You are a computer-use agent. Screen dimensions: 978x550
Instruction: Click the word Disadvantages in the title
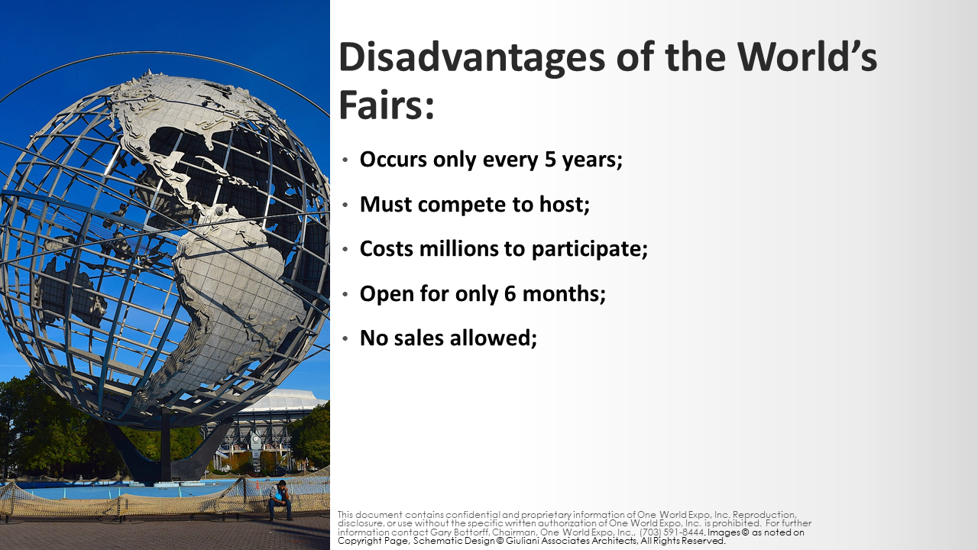[x=471, y=57]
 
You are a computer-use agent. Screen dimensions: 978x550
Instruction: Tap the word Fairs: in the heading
[x=387, y=105]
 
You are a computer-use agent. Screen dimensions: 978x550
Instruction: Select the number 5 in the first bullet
[x=549, y=160]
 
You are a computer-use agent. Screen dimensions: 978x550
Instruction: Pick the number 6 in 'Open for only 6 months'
[x=510, y=293]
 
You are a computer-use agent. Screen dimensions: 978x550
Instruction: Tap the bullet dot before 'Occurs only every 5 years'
[x=345, y=160]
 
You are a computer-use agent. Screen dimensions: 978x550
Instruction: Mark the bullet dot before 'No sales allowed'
[x=345, y=338]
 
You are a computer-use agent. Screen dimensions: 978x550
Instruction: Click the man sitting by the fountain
[x=280, y=500]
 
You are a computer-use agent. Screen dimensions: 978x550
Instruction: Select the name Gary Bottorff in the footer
[x=459, y=532]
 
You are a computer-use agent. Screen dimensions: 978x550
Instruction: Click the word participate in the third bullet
[x=589, y=249]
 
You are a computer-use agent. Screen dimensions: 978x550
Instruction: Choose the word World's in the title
[x=808, y=57]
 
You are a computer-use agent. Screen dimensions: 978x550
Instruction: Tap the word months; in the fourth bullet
[x=564, y=293]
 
